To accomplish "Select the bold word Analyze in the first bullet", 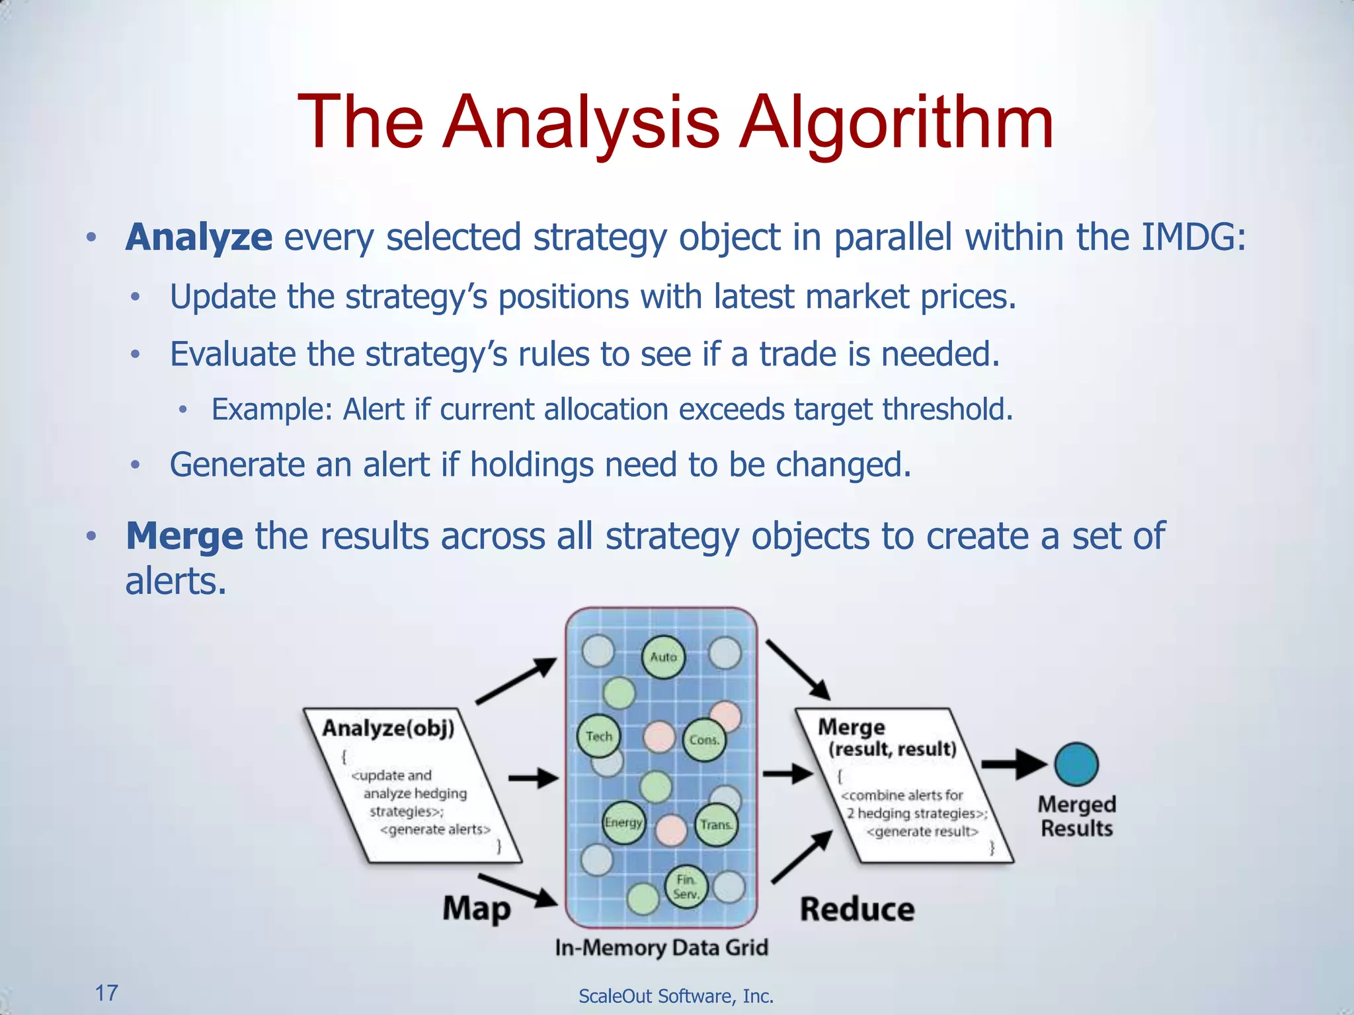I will coord(198,237).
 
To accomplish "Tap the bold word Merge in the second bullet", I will coord(184,536).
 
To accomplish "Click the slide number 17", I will coord(106,993).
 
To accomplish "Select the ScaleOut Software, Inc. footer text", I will coord(676,996).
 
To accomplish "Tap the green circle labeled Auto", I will coord(663,657).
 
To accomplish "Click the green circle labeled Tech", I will coord(599,736).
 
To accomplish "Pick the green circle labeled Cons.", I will coord(703,740).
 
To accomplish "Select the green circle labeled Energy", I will coord(623,823).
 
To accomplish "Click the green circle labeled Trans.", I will coord(716,825).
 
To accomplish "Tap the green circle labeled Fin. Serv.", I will coord(686,887).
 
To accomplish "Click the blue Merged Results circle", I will coord(1076,765).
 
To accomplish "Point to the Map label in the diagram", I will coord(477,909).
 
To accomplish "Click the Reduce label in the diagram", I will coord(857,909).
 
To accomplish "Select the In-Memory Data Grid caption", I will coord(661,948).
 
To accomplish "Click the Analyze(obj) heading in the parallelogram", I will coord(388,728).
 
